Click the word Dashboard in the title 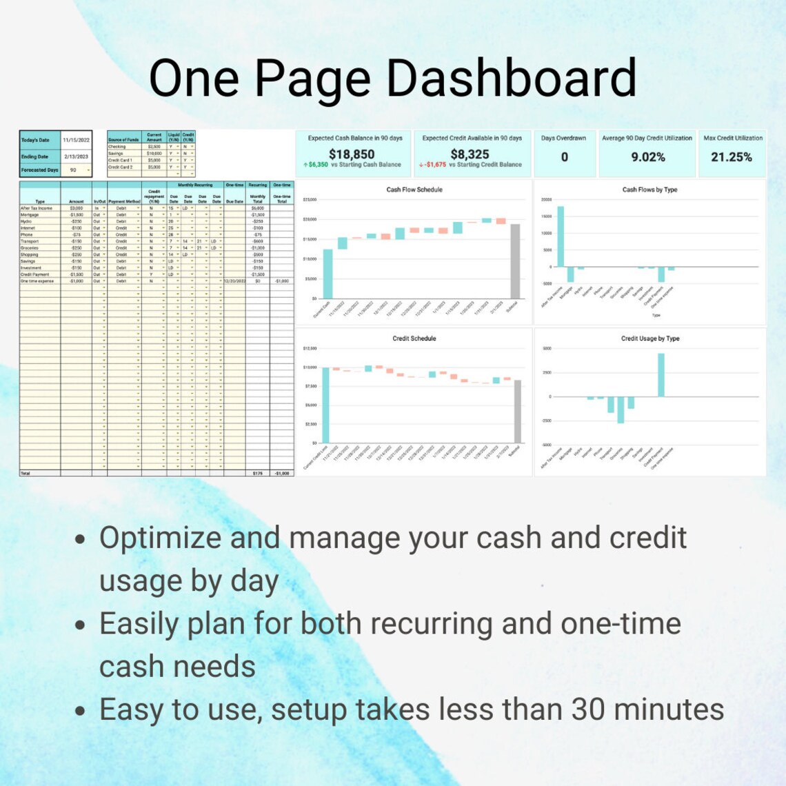point(511,77)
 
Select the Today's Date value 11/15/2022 point(76,140)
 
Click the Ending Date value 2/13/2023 point(76,157)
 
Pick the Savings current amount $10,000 point(154,153)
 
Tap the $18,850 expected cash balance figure point(352,154)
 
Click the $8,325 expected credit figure point(470,154)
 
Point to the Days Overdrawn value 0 point(564,157)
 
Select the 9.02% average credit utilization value point(648,157)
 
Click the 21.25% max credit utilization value point(732,157)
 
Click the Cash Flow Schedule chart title point(414,190)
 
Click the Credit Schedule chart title point(414,339)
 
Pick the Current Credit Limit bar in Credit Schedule point(325,405)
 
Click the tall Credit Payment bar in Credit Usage point(661,375)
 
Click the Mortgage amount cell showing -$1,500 point(76,214)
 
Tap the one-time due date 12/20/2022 point(234,281)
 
